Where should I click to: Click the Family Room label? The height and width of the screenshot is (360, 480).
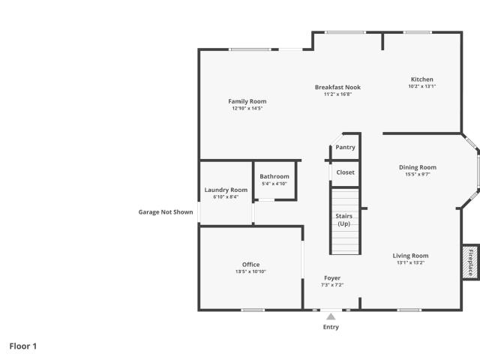pos(247,101)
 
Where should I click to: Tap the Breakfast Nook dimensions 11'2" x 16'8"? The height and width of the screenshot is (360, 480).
pos(337,94)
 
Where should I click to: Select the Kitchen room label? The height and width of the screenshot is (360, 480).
pos(421,79)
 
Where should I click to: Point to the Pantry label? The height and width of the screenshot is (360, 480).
pos(345,147)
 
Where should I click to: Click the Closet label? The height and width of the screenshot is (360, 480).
pos(345,172)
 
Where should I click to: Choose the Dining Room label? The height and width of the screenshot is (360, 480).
pos(418,167)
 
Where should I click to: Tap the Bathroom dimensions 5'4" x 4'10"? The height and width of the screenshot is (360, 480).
pos(274,184)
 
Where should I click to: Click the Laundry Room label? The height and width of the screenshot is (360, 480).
pos(226,190)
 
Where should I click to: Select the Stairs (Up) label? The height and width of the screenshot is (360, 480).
pos(343,220)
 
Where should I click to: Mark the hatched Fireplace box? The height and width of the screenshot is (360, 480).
pos(470,262)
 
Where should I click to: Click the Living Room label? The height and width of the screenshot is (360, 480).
pos(410,256)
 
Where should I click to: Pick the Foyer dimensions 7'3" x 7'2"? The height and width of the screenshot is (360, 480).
pos(332,285)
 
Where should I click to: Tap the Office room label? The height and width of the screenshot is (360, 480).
pos(250,265)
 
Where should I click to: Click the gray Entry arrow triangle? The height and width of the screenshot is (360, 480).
pos(331,316)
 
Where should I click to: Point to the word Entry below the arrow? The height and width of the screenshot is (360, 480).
pos(331,327)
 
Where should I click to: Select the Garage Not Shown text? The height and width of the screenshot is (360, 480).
pos(166,211)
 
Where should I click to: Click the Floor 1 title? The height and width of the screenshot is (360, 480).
pos(23,346)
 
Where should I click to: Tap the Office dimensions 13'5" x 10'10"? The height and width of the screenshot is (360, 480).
pos(250,271)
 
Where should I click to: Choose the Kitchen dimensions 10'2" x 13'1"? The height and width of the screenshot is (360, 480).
pos(421,86)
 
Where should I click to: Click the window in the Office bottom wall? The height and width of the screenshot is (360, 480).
pos(253,310)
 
